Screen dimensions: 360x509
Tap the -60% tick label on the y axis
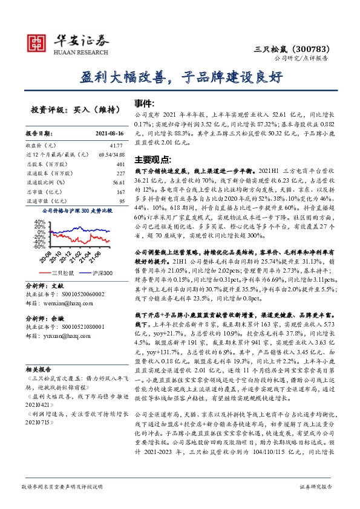tap(39, 247)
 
